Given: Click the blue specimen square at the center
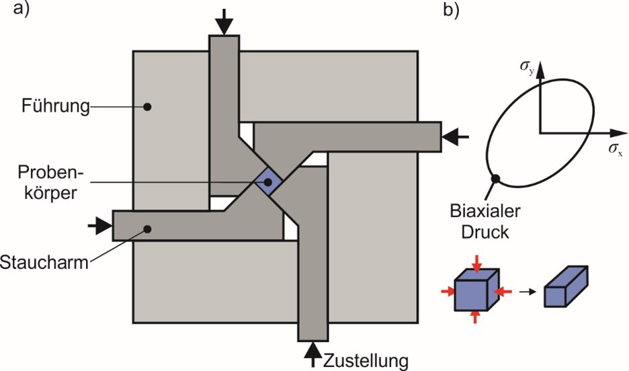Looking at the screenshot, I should click(x=269, y=181).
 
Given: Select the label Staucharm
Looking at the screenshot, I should click(x=45, y=262).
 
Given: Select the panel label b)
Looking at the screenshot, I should click(x=450, y=11).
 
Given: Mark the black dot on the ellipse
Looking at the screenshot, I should click(x=496, y=179).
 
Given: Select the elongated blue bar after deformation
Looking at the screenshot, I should click(x=566, y=286).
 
